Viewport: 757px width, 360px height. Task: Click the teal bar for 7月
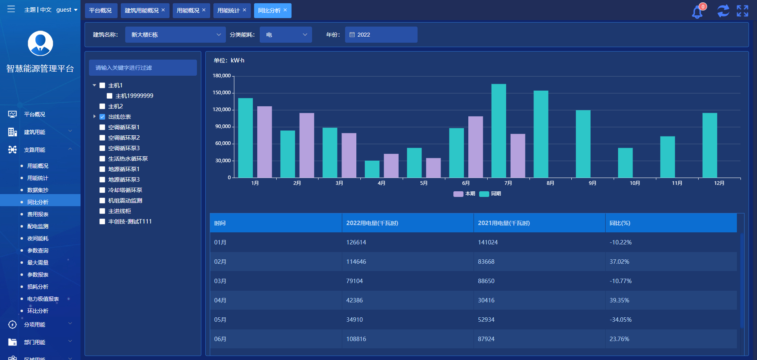pos(498,131)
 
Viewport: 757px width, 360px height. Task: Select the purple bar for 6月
pos(476,147)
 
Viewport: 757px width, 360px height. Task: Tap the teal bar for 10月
pos(625,163)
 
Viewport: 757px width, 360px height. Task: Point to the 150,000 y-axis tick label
pos(222,93)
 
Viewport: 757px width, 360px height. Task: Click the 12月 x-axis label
pos(719,183)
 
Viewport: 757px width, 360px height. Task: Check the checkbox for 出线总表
pos(102,117)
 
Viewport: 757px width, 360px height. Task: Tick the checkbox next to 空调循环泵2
pos(102,138)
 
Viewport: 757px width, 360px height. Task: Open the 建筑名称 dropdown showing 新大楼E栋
pos(176,35)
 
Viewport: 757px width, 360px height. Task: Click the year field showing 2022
pos(381,35)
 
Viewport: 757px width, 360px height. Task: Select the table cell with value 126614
pos(356,242)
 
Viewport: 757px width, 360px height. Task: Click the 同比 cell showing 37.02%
pos(619,262)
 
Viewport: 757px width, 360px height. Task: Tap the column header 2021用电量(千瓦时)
pos(504,223)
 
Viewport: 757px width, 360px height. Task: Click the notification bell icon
pos(697,12)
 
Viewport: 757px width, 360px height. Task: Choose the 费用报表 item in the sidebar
pos(38,214)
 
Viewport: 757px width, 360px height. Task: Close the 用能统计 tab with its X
pos(244,10)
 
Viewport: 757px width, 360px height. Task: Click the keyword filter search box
pos(143,68)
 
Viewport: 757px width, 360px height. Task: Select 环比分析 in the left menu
pos(38,311)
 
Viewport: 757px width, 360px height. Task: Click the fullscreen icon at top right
pos(743,11)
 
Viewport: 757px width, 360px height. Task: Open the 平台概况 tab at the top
pos(101,10)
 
